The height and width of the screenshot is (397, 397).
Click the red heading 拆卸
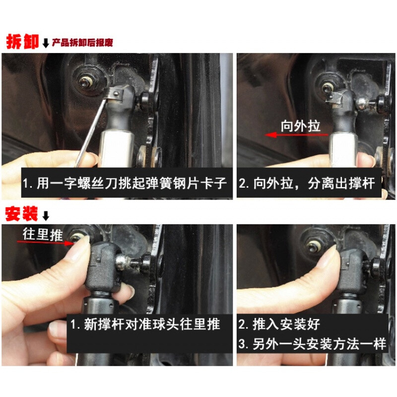[22, 41]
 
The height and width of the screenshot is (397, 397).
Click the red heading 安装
[21, 214]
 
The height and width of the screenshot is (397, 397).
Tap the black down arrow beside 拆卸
[46, 43]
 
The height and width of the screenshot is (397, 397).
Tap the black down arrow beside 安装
[46, 216]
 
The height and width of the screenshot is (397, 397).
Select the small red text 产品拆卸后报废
[82, 43]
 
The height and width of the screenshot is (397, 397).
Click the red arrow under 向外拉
[296, 134]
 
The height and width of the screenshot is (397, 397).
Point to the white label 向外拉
[301, 126]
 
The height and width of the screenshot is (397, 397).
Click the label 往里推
[43, 234]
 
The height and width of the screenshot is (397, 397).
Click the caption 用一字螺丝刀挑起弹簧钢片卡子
[125, 183]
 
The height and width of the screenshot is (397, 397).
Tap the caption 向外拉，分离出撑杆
[307, 183]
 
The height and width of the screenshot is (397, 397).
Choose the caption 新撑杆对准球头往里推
[145, 324]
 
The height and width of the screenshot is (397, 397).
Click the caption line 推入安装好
[279, 324]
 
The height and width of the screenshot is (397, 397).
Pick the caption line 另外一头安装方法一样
[312, 344]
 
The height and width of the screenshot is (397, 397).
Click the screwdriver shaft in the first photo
[90, 133]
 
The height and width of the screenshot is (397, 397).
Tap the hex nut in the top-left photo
[84, 81]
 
